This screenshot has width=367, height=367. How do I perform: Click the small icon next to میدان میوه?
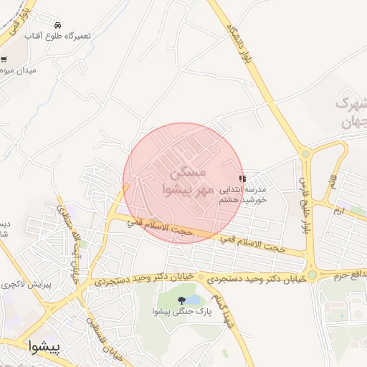click(4, 59)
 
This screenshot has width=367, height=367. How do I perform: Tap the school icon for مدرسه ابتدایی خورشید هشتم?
click(242, 178)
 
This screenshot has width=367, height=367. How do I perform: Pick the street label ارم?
click(338, 211)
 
